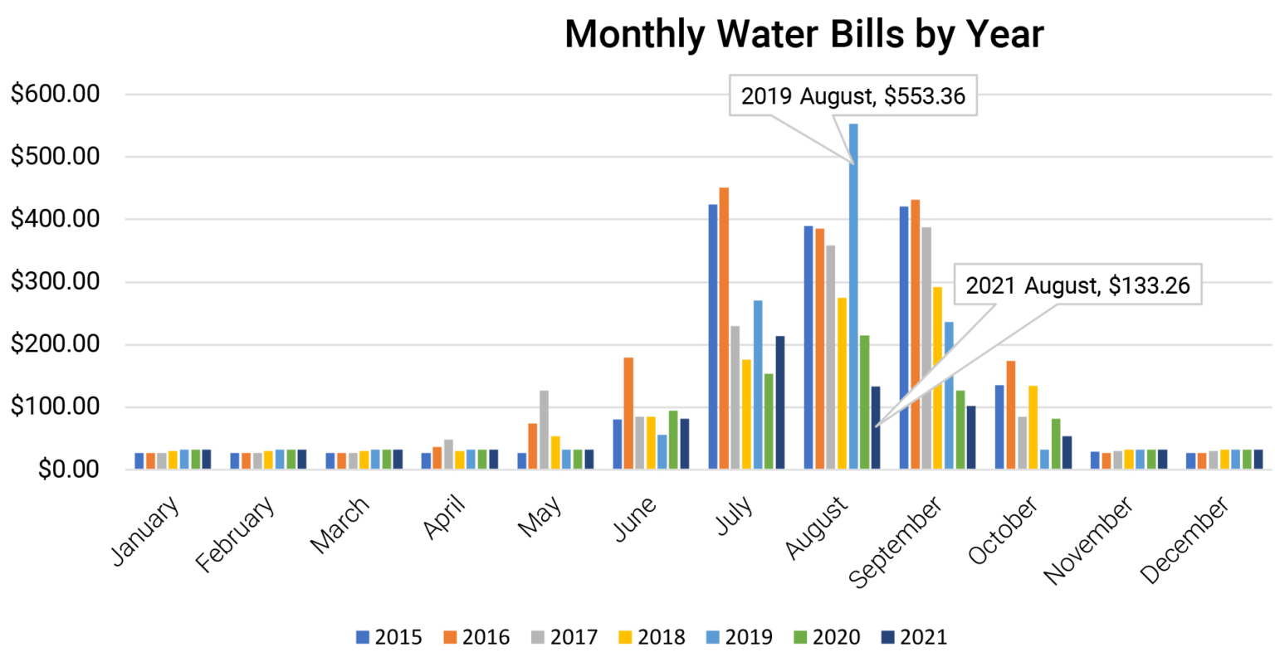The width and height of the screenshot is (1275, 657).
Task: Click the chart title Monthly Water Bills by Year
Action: [x=804, y=35]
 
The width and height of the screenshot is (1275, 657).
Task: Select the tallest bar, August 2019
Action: [x=853, y=296]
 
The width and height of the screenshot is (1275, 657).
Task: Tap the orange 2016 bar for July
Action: [x=724, y=328]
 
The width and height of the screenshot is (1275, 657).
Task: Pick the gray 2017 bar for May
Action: [x=544, y=430]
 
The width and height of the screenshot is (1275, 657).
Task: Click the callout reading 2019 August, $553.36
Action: [x=852, y=96]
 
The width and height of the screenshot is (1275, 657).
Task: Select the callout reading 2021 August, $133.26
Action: [x=1077, y=286]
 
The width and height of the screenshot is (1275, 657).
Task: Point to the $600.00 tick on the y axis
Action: [x=55, y=94]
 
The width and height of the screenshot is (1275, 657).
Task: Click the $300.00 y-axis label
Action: [x=55, y=282]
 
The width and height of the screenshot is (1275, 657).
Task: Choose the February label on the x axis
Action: [x=236, y=535]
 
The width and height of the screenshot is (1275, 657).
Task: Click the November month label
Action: [x=1088, y=540]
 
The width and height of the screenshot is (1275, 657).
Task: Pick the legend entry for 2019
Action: [x=740, y=637]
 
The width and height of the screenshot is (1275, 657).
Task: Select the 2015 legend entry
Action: [x=389, y=637]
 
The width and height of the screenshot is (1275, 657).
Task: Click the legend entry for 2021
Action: [x=914, y=637]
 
